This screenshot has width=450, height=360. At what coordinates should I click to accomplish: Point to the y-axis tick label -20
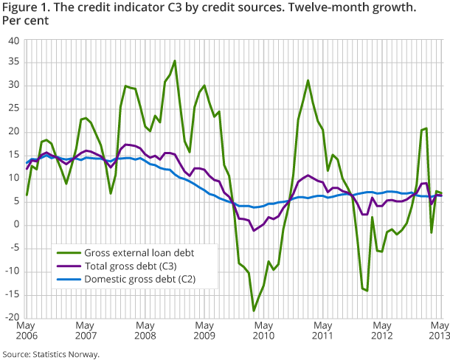click(13, 317)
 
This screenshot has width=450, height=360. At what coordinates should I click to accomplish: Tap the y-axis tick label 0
click(17, 224)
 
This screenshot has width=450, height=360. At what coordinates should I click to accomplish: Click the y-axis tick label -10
click(13, 271)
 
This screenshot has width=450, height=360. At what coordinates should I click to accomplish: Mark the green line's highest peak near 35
click(175, 61)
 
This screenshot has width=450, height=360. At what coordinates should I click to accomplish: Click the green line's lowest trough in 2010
click(254, 311)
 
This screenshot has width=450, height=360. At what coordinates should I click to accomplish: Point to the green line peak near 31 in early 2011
click(308, 80)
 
